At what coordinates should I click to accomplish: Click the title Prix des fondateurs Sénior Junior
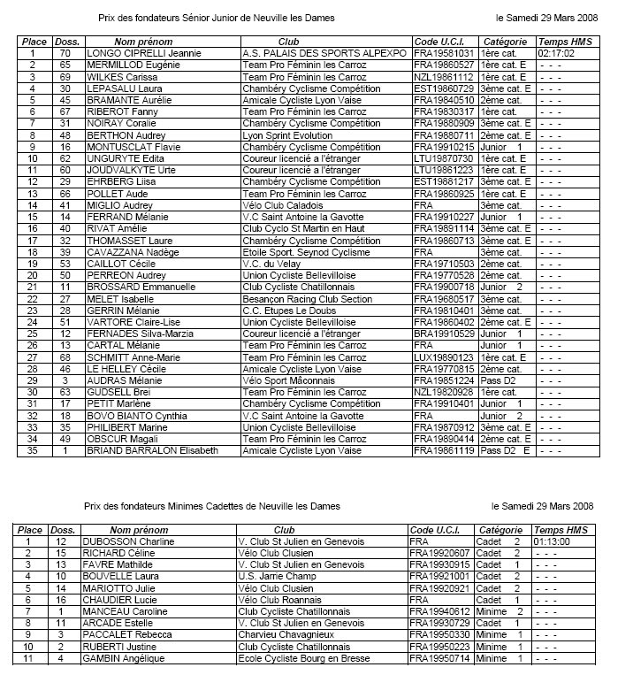coord(217,17)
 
